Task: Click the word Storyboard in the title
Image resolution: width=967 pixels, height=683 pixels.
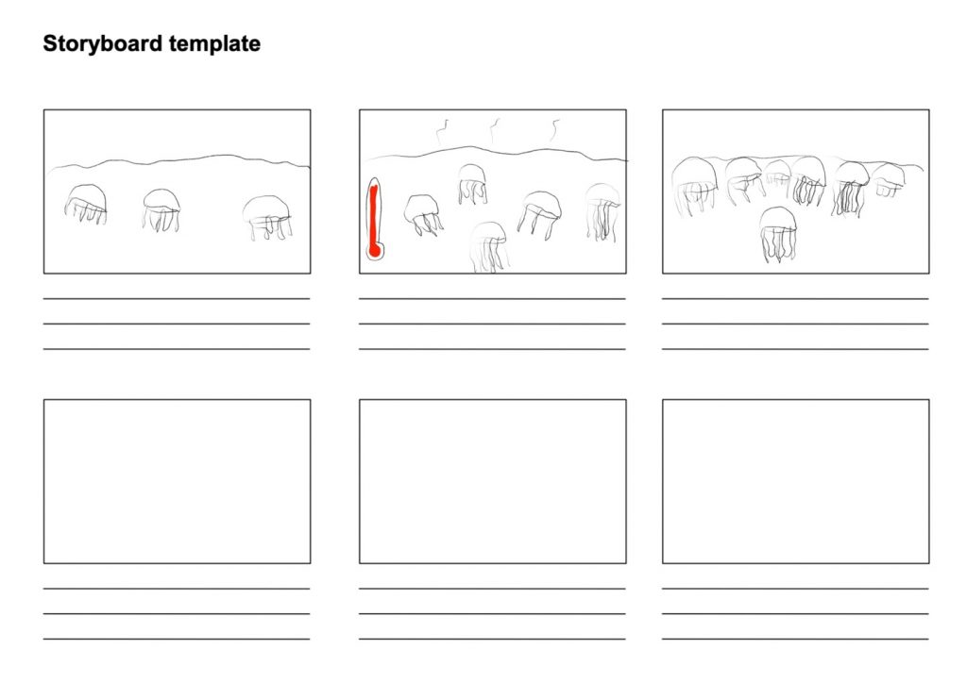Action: tap(103, 44)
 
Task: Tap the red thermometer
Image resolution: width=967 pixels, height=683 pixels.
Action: tap(374, 218)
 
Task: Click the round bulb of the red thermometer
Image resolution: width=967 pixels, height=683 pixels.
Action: tap(374, 250)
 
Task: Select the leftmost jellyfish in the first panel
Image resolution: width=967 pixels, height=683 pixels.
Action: tap(86, 203)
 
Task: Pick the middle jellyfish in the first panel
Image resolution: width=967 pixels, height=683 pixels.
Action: tap(161, 209)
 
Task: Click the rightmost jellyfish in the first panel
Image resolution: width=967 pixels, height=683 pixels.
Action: tap(267, 217)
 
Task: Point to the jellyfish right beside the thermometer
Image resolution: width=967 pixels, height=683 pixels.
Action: tap(423, 214)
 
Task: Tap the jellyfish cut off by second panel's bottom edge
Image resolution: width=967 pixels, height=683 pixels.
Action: tap(489, 246)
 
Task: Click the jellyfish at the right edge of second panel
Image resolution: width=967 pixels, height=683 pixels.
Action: tap(602, 211)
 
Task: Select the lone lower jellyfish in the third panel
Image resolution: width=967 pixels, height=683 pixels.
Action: tap(778, 234)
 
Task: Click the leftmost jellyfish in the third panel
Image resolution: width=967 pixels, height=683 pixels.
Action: tap(694, 186)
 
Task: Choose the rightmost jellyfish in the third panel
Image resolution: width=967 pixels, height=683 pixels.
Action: tap(889, 179)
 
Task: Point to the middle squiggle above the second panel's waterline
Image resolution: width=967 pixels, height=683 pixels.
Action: tap(495, 130)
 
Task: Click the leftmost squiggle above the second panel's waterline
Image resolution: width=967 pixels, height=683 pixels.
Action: tap(443, 132)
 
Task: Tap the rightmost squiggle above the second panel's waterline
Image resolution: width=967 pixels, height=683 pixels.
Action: tap(555, 130)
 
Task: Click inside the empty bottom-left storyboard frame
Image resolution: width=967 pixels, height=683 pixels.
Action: tap(177, 481)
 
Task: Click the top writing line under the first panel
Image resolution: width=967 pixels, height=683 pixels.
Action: tap(177, 299)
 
